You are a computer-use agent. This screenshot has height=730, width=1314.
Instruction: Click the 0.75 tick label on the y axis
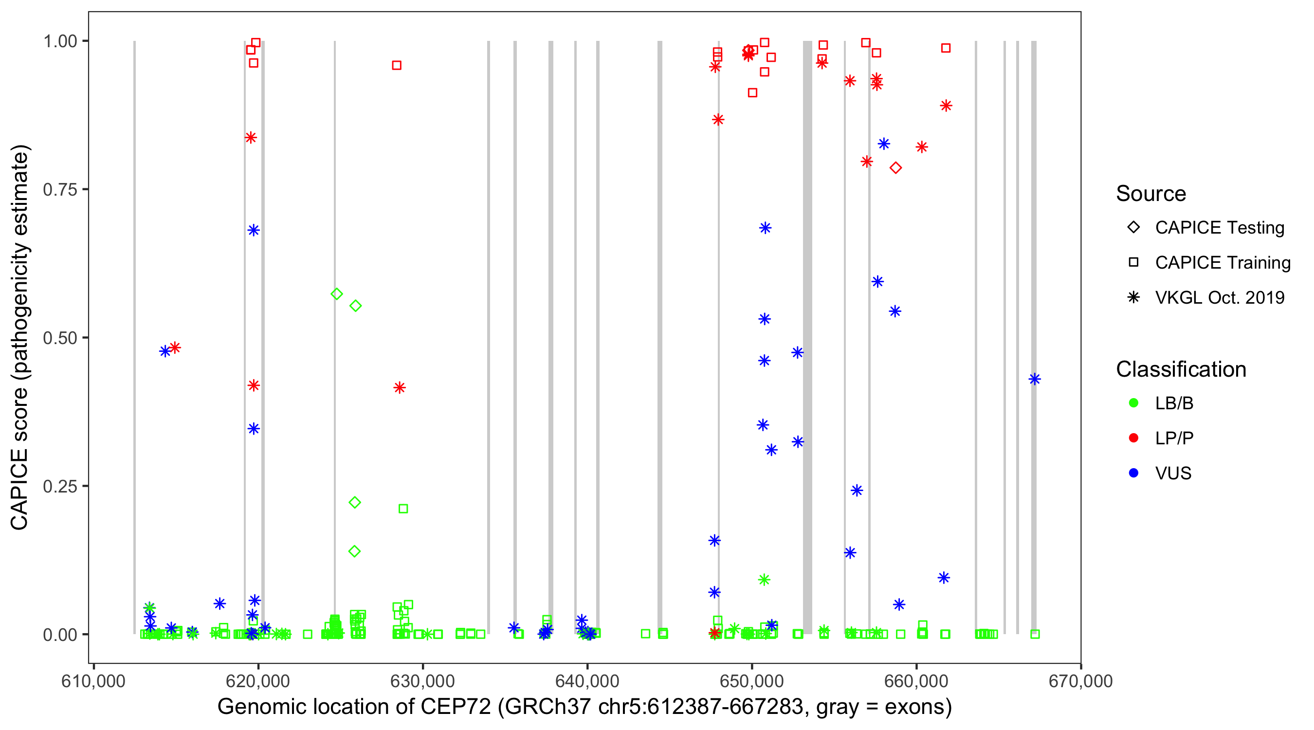click(59, 190)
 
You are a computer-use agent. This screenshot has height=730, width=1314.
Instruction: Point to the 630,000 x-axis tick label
click(422, 681)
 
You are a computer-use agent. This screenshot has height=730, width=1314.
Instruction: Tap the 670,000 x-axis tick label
click(1080, 681)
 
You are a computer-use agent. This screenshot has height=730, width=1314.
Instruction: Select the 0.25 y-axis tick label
click(59, 487)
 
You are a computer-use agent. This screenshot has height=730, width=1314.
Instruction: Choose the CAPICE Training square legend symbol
click(1133, 263)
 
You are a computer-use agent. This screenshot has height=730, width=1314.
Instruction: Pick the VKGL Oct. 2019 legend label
click(1220, 298)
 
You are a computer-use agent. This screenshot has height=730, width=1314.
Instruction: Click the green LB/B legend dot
click(1133, 403)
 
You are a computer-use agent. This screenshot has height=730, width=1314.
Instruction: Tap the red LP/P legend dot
click(1133, 438)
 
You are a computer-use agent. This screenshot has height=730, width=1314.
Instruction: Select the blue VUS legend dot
click(1133, 474)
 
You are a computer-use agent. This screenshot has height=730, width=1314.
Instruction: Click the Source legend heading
click(1151, 194)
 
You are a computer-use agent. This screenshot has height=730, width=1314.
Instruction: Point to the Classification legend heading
click(1181, 369)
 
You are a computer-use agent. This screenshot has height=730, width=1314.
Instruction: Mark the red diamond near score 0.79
click(896, 168)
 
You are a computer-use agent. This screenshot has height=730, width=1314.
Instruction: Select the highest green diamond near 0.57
click(337, 294)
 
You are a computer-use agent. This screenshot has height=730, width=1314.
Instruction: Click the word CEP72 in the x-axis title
click(456, 707)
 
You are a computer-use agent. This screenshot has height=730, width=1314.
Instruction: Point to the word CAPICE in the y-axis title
click(19, 490)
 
